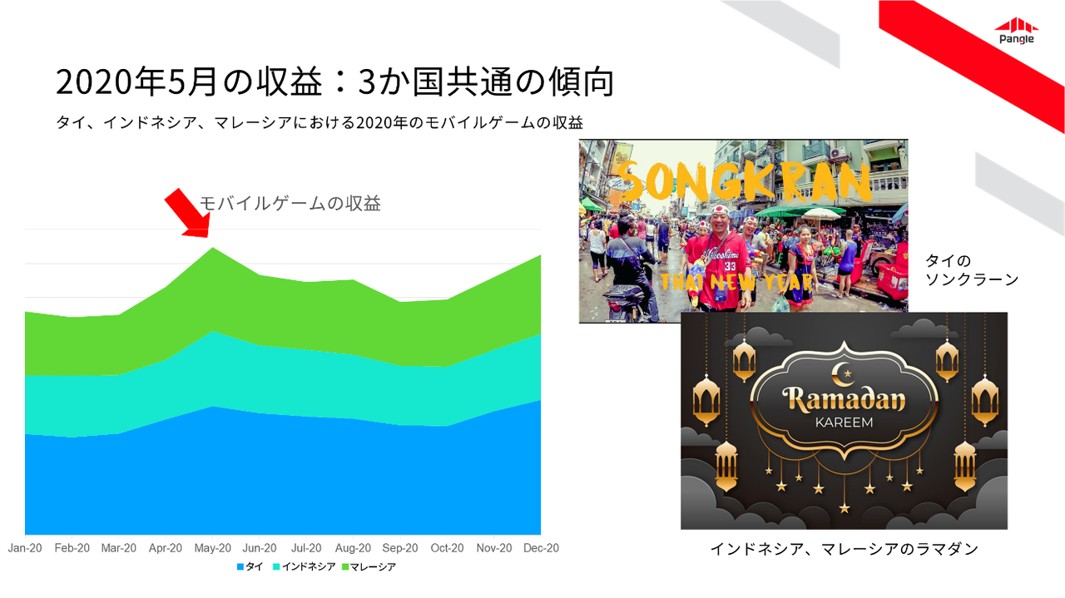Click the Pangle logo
point(1017,31)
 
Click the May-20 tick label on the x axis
point(212,548)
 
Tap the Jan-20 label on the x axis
point(25,548)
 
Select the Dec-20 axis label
point(541,548)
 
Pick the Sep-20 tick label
point(400,548)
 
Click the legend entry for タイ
point(250,566)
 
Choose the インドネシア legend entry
point(305,566)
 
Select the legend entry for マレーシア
point(369,566)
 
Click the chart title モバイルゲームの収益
point(290,204)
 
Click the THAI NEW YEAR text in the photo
point(736,282)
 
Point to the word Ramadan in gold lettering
point(844,399)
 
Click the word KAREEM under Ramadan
point(844,423)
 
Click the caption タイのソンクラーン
point(972,269)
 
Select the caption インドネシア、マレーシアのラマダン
point(844,549)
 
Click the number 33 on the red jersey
point(731,265)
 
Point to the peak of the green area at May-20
point(212,248)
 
